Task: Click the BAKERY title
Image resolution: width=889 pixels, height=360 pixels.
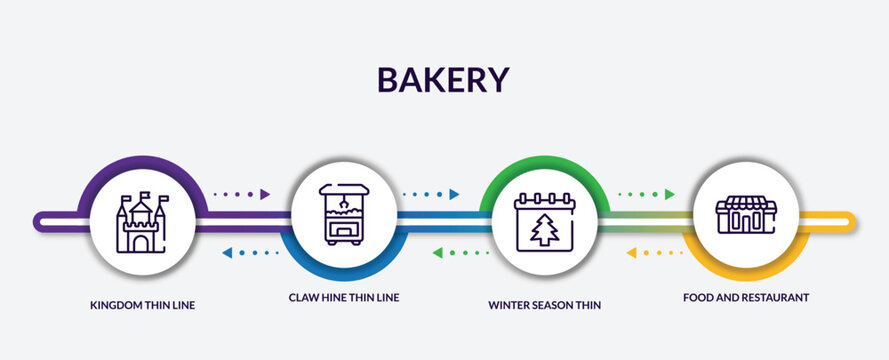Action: click(444, 78)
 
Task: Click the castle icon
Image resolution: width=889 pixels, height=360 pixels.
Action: click(141, 222)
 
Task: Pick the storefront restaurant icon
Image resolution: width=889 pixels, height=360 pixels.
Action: click(746, 214)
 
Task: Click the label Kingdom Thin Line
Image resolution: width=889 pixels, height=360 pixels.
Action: click(142, 305)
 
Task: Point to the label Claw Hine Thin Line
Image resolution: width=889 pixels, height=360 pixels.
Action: click(343, 298)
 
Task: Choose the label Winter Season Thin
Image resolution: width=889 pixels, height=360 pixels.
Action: click(545, 305)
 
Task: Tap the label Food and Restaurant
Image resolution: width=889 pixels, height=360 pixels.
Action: click(746, 298)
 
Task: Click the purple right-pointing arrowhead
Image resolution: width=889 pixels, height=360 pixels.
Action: click(265, 194)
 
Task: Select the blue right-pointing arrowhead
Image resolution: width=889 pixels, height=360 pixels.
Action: click(454, 194)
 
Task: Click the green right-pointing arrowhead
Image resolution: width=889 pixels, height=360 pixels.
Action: click(669, 194)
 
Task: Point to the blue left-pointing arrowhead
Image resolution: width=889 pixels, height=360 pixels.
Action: click(227, 253)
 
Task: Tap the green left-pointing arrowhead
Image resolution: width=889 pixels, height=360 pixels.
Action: click(438, 253)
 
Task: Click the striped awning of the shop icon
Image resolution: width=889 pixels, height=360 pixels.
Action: click(746, 202)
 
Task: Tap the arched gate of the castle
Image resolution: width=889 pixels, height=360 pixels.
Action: click(141, 241)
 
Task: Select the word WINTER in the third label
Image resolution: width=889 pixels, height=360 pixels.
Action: click(510, 305)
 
